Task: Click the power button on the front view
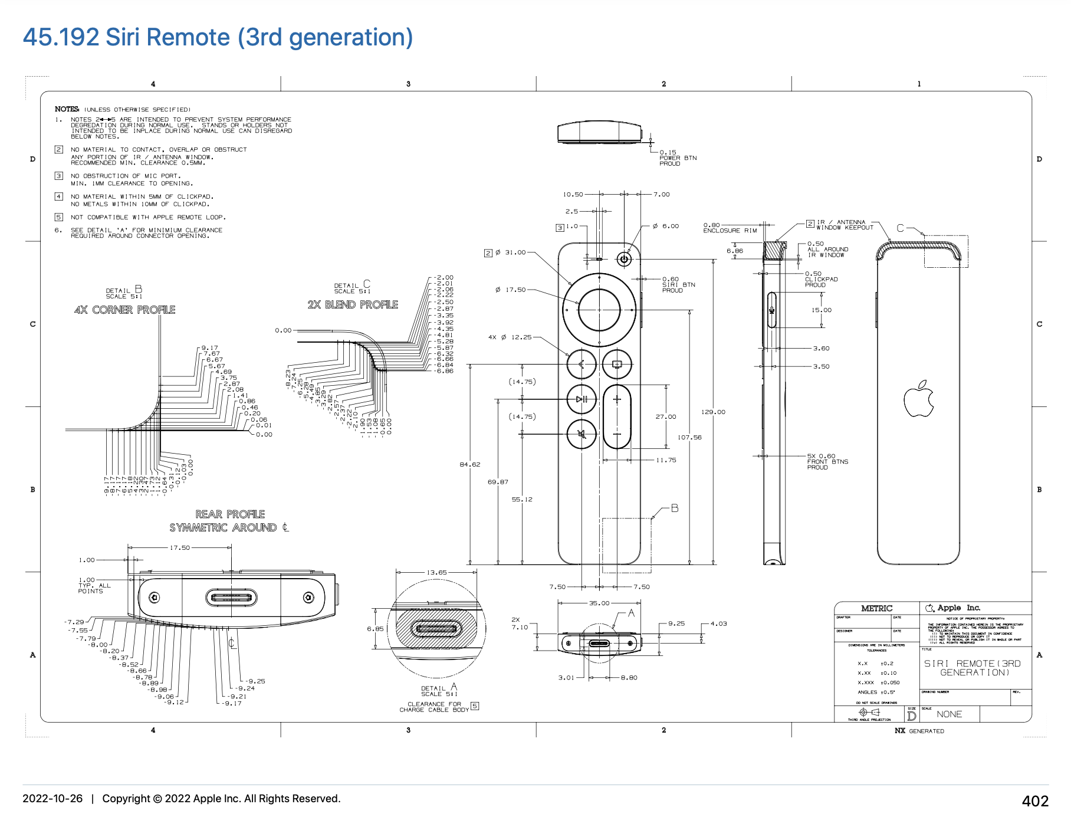[624, 259]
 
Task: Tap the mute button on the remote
[582, 434]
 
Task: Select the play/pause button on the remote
[582, 399]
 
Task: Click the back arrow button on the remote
[582, 365]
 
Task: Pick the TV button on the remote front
[617, 365]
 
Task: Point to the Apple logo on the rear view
[918, 399]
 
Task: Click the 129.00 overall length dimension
[713, 412]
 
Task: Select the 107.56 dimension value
[689, 437]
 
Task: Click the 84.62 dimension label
[470, 464]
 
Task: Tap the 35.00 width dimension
[599, 603]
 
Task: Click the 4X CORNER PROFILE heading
[125, 310]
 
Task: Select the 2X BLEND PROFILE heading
[353, 304]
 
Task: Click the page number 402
[1035, 801]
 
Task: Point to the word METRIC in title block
[876, 608]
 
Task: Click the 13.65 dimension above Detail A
[436, 572]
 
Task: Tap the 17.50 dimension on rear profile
[180, 547]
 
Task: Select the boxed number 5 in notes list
[58, 217]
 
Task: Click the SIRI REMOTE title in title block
[972, 668]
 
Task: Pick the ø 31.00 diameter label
[510, 252]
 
